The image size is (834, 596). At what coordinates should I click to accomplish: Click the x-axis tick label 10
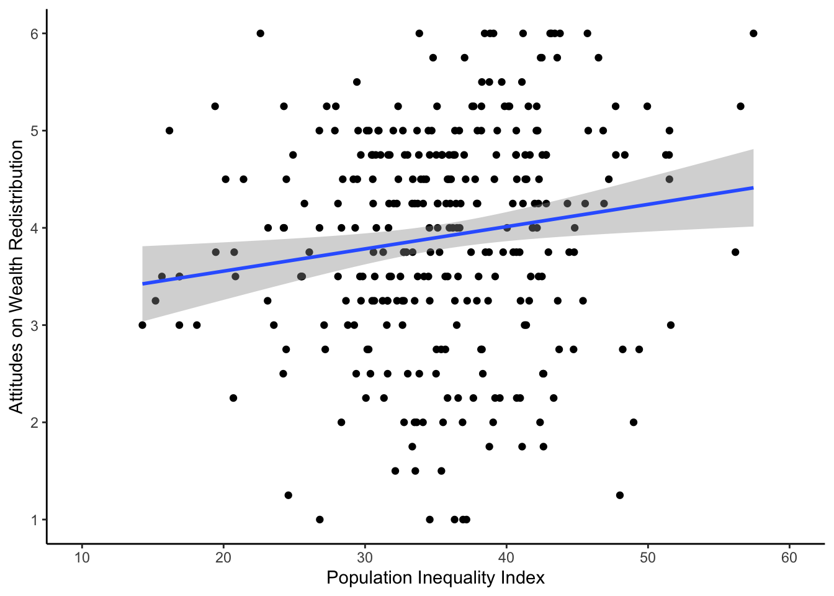82,558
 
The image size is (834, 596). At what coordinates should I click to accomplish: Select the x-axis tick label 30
365,558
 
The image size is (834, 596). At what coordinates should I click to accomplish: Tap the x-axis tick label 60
789,558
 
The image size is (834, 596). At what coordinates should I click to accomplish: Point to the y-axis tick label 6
35,34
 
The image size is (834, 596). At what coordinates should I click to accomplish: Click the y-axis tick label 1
35,520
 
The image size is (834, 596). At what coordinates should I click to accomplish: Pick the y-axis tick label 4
35,228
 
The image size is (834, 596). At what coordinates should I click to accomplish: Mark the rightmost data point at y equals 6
753,34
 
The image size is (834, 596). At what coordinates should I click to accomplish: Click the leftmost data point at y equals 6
260,34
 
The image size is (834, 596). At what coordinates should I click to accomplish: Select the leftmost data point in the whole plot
142,325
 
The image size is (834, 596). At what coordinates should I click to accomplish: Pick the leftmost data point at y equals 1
320,520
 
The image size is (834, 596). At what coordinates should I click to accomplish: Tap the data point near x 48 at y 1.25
619,495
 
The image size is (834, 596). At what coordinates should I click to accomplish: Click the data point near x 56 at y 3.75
735,252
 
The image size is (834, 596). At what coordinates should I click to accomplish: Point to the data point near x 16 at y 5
169,130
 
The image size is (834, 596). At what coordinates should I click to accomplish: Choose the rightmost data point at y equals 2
634,422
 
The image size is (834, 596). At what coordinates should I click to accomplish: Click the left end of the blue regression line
143,284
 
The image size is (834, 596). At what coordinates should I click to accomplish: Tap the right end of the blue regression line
753,187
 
